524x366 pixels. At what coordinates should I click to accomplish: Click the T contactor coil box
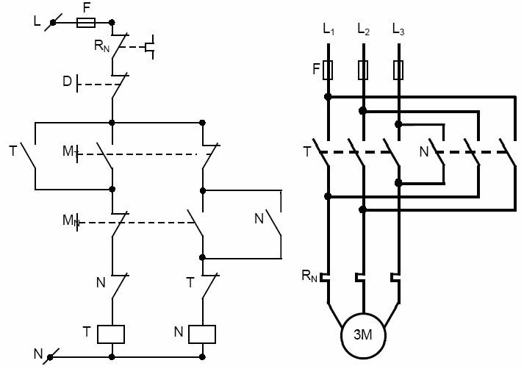[x=111, y=334]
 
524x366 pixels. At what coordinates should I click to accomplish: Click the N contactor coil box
[x=202, y=334]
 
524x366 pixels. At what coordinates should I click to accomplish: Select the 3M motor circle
[x=363, y=335]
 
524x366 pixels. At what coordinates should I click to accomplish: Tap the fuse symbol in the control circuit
[x=86, y=23]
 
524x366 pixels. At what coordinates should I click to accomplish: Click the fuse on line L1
[x=328, y=70]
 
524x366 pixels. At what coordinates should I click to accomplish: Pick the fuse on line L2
[x=363, y=70]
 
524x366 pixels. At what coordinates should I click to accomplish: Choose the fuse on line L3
[x=398, y=70]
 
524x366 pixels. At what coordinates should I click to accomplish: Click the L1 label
[x=329, y=29]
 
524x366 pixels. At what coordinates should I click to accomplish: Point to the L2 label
[x=364, y=29]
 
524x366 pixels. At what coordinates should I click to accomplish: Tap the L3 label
[x=398, y=29]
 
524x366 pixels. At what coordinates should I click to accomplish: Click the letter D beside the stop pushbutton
[x=67, y=82]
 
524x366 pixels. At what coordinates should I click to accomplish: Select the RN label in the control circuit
[x=101, y=46]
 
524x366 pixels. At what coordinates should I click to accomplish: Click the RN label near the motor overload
[x=309, y=276]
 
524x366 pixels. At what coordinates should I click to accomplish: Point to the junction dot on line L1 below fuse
[x=328, y=97]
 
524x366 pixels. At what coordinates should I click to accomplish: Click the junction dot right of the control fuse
[x=112, y=23]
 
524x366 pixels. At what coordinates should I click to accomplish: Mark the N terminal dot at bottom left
[x=50, y=357]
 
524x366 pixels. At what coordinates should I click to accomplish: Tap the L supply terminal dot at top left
[x=53, y=23]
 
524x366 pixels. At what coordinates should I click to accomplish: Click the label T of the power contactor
[x=307, y=151]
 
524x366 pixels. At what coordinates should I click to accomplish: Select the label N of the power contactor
[x=424, y=151]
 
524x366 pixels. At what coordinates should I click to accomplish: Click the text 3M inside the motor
[x=363, y=334]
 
